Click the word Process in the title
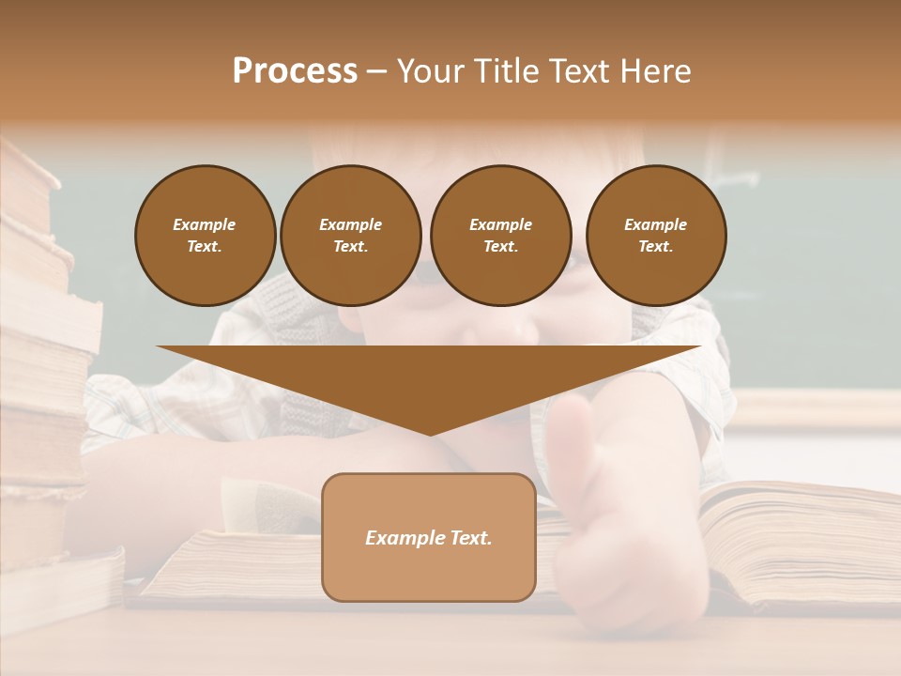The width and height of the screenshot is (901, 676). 295,71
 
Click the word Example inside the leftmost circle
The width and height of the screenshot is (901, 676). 204,224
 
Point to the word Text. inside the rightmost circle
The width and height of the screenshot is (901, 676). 655,246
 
